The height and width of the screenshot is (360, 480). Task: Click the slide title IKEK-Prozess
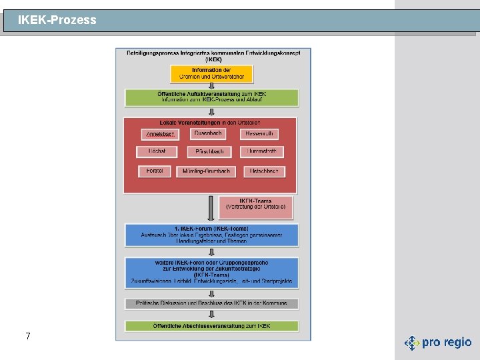(x=57, y=20)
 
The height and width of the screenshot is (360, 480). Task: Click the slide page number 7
(x=27, y=336)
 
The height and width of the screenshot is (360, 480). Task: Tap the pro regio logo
(x=438, y=343)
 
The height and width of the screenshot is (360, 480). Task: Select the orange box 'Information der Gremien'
(x=211, y=73)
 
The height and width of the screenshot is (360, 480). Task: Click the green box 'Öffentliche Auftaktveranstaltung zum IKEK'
(x=211, y=97)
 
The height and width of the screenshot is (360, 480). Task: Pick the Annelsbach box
(x=161, y=134)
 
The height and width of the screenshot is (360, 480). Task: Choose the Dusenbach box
(x=208, y=133)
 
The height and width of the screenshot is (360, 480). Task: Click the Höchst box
(x=157, y=151)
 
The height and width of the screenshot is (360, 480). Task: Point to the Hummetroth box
(x=262, y=151)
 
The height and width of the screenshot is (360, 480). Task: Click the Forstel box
(x=155, y=171)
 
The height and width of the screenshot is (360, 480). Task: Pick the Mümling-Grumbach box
(x=206, y=171)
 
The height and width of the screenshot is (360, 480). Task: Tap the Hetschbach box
(x=263, y=171)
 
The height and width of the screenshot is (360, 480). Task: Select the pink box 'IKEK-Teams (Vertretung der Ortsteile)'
(x=255, y=207)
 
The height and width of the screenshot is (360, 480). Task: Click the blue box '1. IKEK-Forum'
(x=211, y=235)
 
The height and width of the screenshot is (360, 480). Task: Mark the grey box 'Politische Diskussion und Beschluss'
(x=211, y=303)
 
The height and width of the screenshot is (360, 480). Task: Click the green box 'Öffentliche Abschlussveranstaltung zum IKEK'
(x=211, y=326)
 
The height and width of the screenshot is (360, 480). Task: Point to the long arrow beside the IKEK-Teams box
(x=211, y=207)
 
